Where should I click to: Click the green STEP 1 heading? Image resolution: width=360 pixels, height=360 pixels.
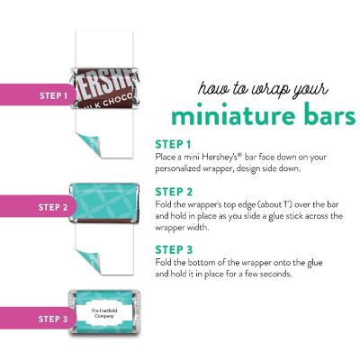click(173, 145)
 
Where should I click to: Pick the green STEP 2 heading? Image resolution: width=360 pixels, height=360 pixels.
click(174, 192)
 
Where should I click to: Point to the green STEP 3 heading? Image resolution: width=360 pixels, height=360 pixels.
click(174, 249)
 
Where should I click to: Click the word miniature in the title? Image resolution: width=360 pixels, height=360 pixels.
click(227, 114)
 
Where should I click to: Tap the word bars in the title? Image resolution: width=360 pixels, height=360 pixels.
click(326, 114)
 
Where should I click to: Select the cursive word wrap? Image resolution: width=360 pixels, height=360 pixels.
click(270, 91)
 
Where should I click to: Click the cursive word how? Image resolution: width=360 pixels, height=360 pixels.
click(212, 88)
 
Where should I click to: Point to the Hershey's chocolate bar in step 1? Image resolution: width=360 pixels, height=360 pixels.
click(105, 88)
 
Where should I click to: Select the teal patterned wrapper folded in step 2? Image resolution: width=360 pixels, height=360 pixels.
click(104, 202)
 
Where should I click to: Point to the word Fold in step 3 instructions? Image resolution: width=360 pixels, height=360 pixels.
click(164, 262)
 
